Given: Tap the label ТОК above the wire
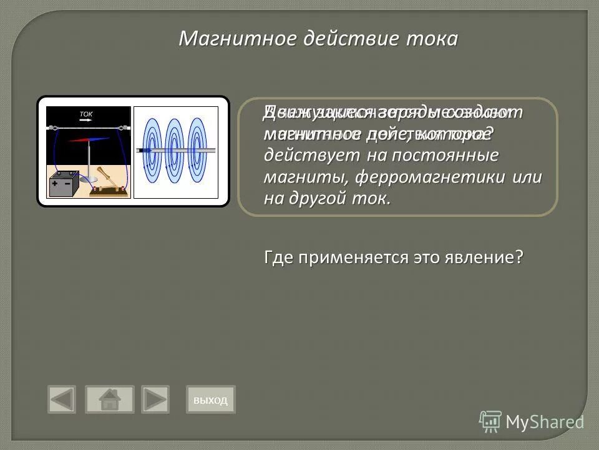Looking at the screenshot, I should [x=86, y=114].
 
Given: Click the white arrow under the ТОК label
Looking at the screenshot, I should [x=86, y=120].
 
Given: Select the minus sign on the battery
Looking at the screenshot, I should [x=67, y=184].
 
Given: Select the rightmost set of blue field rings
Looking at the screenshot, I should [x=197, y=150].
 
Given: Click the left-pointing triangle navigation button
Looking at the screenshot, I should [x=62, y=399].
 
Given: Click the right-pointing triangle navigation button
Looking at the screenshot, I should [x=155, y=399].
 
